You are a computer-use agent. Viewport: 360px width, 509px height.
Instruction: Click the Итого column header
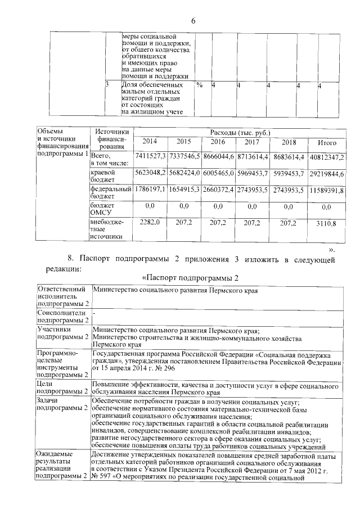(x=327, y=142)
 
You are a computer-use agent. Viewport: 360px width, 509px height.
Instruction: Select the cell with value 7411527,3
(x=150, y=155)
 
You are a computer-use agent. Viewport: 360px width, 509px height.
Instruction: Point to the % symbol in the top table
(x=199, y=85)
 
